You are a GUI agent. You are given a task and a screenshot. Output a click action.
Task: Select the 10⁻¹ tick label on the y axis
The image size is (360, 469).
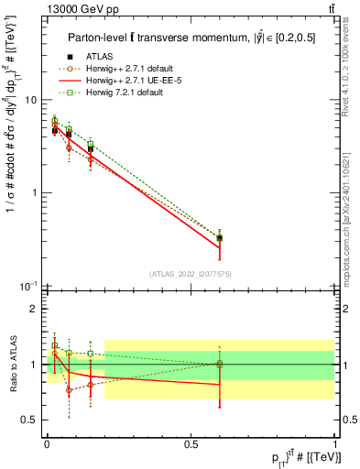click(28, 287)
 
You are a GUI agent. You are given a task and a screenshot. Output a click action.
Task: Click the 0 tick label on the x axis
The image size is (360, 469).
click(46, 443)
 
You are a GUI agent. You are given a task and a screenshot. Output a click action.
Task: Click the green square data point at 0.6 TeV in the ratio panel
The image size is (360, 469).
click(219, 364)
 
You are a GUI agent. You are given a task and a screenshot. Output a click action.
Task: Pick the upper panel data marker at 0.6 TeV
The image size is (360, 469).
click(219, 238)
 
